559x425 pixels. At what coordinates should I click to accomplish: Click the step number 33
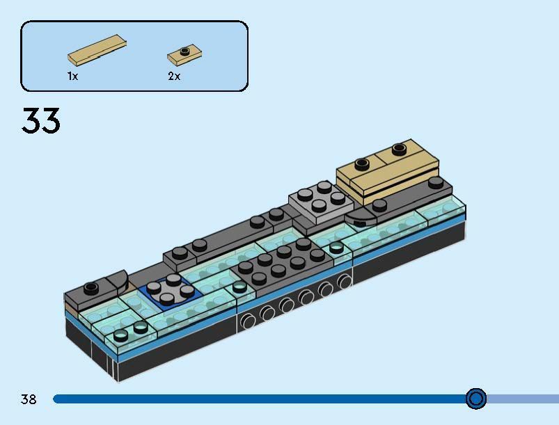click(x=40, y=120)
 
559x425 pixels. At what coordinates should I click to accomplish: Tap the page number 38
click(x=29, y=399)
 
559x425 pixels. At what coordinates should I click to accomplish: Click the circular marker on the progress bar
click(x=476, y=399)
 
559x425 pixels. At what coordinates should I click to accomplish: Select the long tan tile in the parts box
click(x=97, y=50)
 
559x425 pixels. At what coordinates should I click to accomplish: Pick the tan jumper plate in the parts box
click(x=184, y=55)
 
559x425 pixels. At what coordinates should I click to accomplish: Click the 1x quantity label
click(x=72, y=76)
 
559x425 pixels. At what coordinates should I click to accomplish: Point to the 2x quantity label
click(x=174, y=76)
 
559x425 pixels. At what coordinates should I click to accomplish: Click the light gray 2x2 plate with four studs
click(x=321, y=201)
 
